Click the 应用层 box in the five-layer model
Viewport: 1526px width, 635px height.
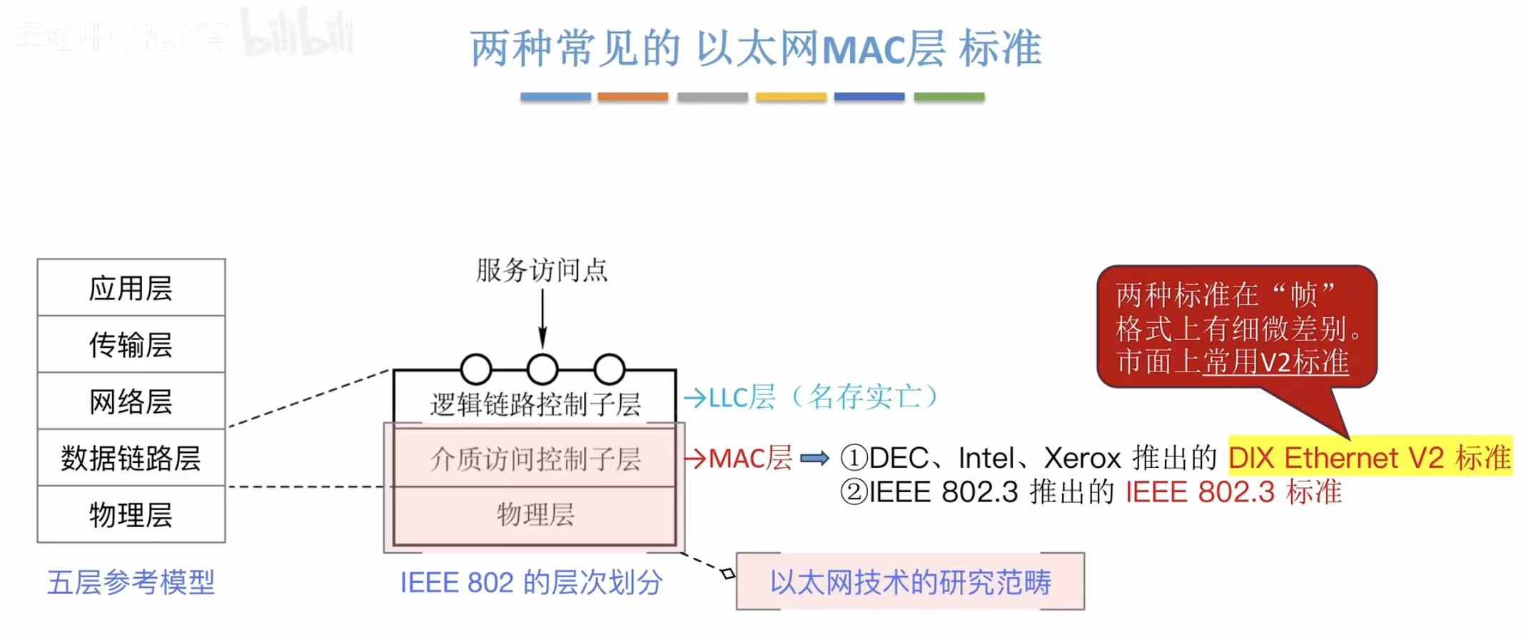(131, 288)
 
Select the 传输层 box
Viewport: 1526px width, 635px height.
(131, 344)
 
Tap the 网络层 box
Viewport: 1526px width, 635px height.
(131, 401)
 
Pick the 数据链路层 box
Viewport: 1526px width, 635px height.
(131, 458)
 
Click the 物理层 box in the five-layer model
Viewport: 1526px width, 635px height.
(131, 514)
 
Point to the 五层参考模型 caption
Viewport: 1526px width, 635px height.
(131, 582)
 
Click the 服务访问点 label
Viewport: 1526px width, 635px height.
(542, 271)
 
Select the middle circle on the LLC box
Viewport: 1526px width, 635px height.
(542, 369)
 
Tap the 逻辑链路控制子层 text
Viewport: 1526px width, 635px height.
(535, 404)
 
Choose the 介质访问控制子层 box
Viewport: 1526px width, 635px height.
(535, 459)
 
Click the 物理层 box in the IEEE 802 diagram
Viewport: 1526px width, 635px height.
(535, 514)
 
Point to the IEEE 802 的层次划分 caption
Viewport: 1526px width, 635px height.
(531, 582)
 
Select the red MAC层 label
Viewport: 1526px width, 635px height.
(749, 458)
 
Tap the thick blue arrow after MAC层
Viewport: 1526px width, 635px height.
(814, 458)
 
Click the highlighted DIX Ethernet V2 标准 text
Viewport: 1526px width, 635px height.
(1370, 457)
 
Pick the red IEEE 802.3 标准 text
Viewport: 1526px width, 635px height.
(1233, 491)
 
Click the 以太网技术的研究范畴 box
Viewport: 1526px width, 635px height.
(910, 581)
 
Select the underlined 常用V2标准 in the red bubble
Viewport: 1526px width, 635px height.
(1276, 361)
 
